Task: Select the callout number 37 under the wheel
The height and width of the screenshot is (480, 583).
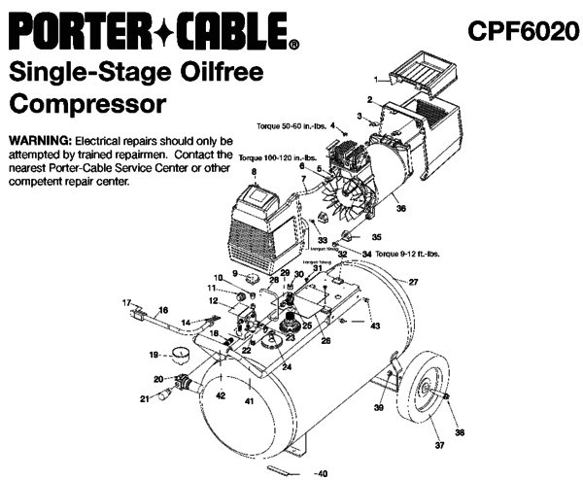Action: (438, 446)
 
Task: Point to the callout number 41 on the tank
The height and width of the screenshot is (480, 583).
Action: (249, 400)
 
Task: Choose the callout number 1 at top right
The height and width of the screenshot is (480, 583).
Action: (376, 77)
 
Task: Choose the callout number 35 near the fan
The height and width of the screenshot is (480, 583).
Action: (378, 236)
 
